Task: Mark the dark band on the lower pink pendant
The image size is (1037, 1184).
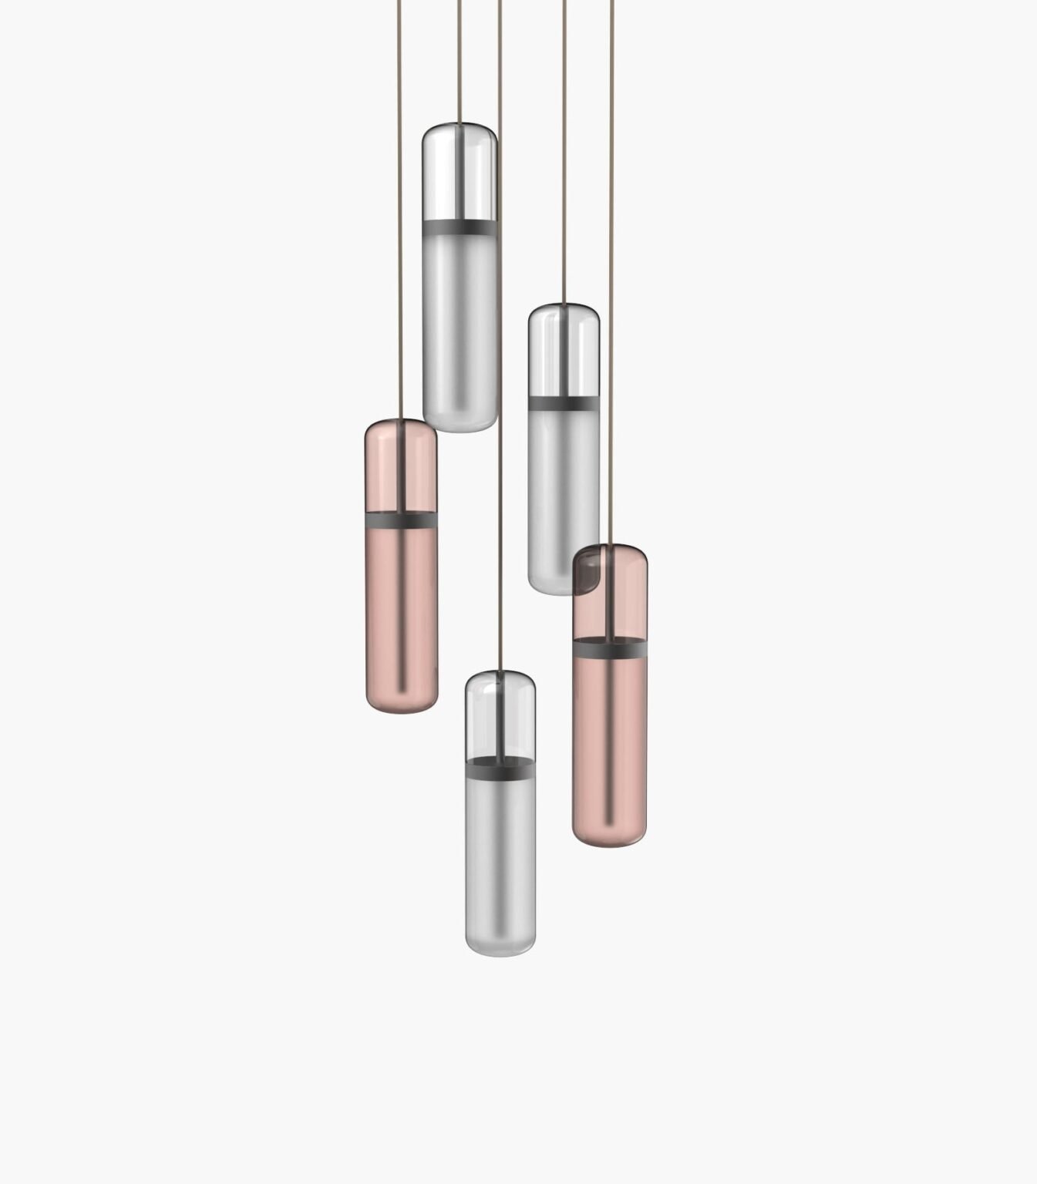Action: click(609, 652)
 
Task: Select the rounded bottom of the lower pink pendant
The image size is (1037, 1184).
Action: click(609, 829)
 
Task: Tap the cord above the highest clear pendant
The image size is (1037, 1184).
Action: click(460, 62)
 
